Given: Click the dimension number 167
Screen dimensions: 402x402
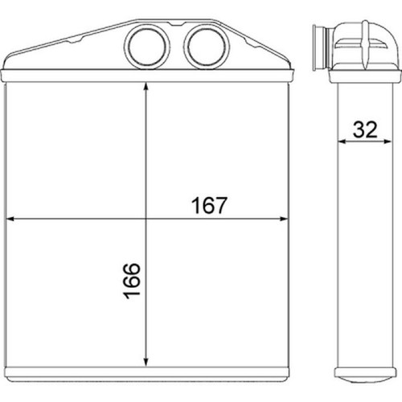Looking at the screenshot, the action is (x=209, y=205).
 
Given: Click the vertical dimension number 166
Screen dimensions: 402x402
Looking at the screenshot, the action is (x=132, y=281).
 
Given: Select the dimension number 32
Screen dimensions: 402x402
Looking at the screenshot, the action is (x=365, y=129).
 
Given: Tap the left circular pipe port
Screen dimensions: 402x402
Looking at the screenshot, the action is (x=147, y=46).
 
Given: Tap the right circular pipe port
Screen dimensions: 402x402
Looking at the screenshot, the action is (x=207, y=46).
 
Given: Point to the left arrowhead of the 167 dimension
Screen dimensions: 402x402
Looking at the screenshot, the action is (x=10, y=219).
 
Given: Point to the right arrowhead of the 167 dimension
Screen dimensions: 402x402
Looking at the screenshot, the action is (x=284, y=219).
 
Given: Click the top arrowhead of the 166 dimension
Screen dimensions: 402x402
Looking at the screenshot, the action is (x=146, y=87).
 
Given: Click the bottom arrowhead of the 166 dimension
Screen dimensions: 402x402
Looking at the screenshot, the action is (x=146, y=363).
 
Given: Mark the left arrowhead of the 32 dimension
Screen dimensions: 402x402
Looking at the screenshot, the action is (x=342, y=142).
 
